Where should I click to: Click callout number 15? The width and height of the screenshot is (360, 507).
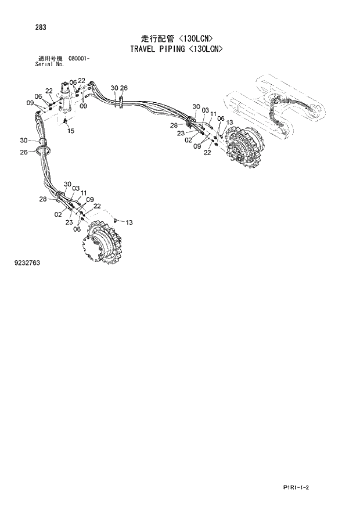(x=70, y=131)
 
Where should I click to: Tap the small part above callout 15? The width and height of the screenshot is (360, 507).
(x=66, y=120)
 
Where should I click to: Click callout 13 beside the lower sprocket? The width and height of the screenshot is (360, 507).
(x=129, y=222)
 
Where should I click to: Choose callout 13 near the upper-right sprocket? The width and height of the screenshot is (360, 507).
(x=229, y=123)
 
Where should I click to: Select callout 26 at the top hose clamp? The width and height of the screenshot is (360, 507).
(x=124, y=88)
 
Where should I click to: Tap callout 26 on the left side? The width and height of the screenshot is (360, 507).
(x=24, y=152)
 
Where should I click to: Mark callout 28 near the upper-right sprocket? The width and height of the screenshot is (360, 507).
(x=174, y=125)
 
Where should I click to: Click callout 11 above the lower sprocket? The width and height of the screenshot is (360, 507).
(x=84, y=193)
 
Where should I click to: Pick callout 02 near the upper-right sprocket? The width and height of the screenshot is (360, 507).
(x=189, y=140)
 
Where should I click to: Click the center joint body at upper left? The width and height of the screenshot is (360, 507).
(x=65, y=102)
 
